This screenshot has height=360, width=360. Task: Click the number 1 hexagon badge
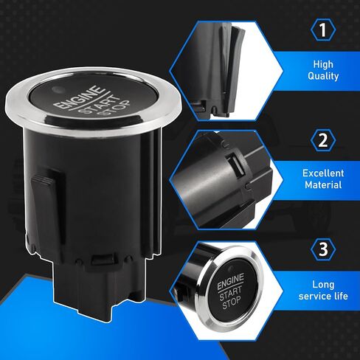(323, 30)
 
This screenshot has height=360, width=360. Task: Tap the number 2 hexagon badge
(323, 140)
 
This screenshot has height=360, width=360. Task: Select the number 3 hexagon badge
(323, 249)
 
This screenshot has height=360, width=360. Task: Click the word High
(323, 65)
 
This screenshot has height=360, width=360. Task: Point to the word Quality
(323, 76)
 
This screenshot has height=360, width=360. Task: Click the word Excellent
(323, 173)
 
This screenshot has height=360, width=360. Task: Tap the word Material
(323, 184)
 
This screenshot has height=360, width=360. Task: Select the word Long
(323, 285)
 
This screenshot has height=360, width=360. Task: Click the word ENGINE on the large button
(78, 97)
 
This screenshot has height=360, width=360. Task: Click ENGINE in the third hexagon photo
(230, 281)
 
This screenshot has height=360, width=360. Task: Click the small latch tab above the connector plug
(103, 259)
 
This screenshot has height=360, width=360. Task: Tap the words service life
(323, 296)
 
